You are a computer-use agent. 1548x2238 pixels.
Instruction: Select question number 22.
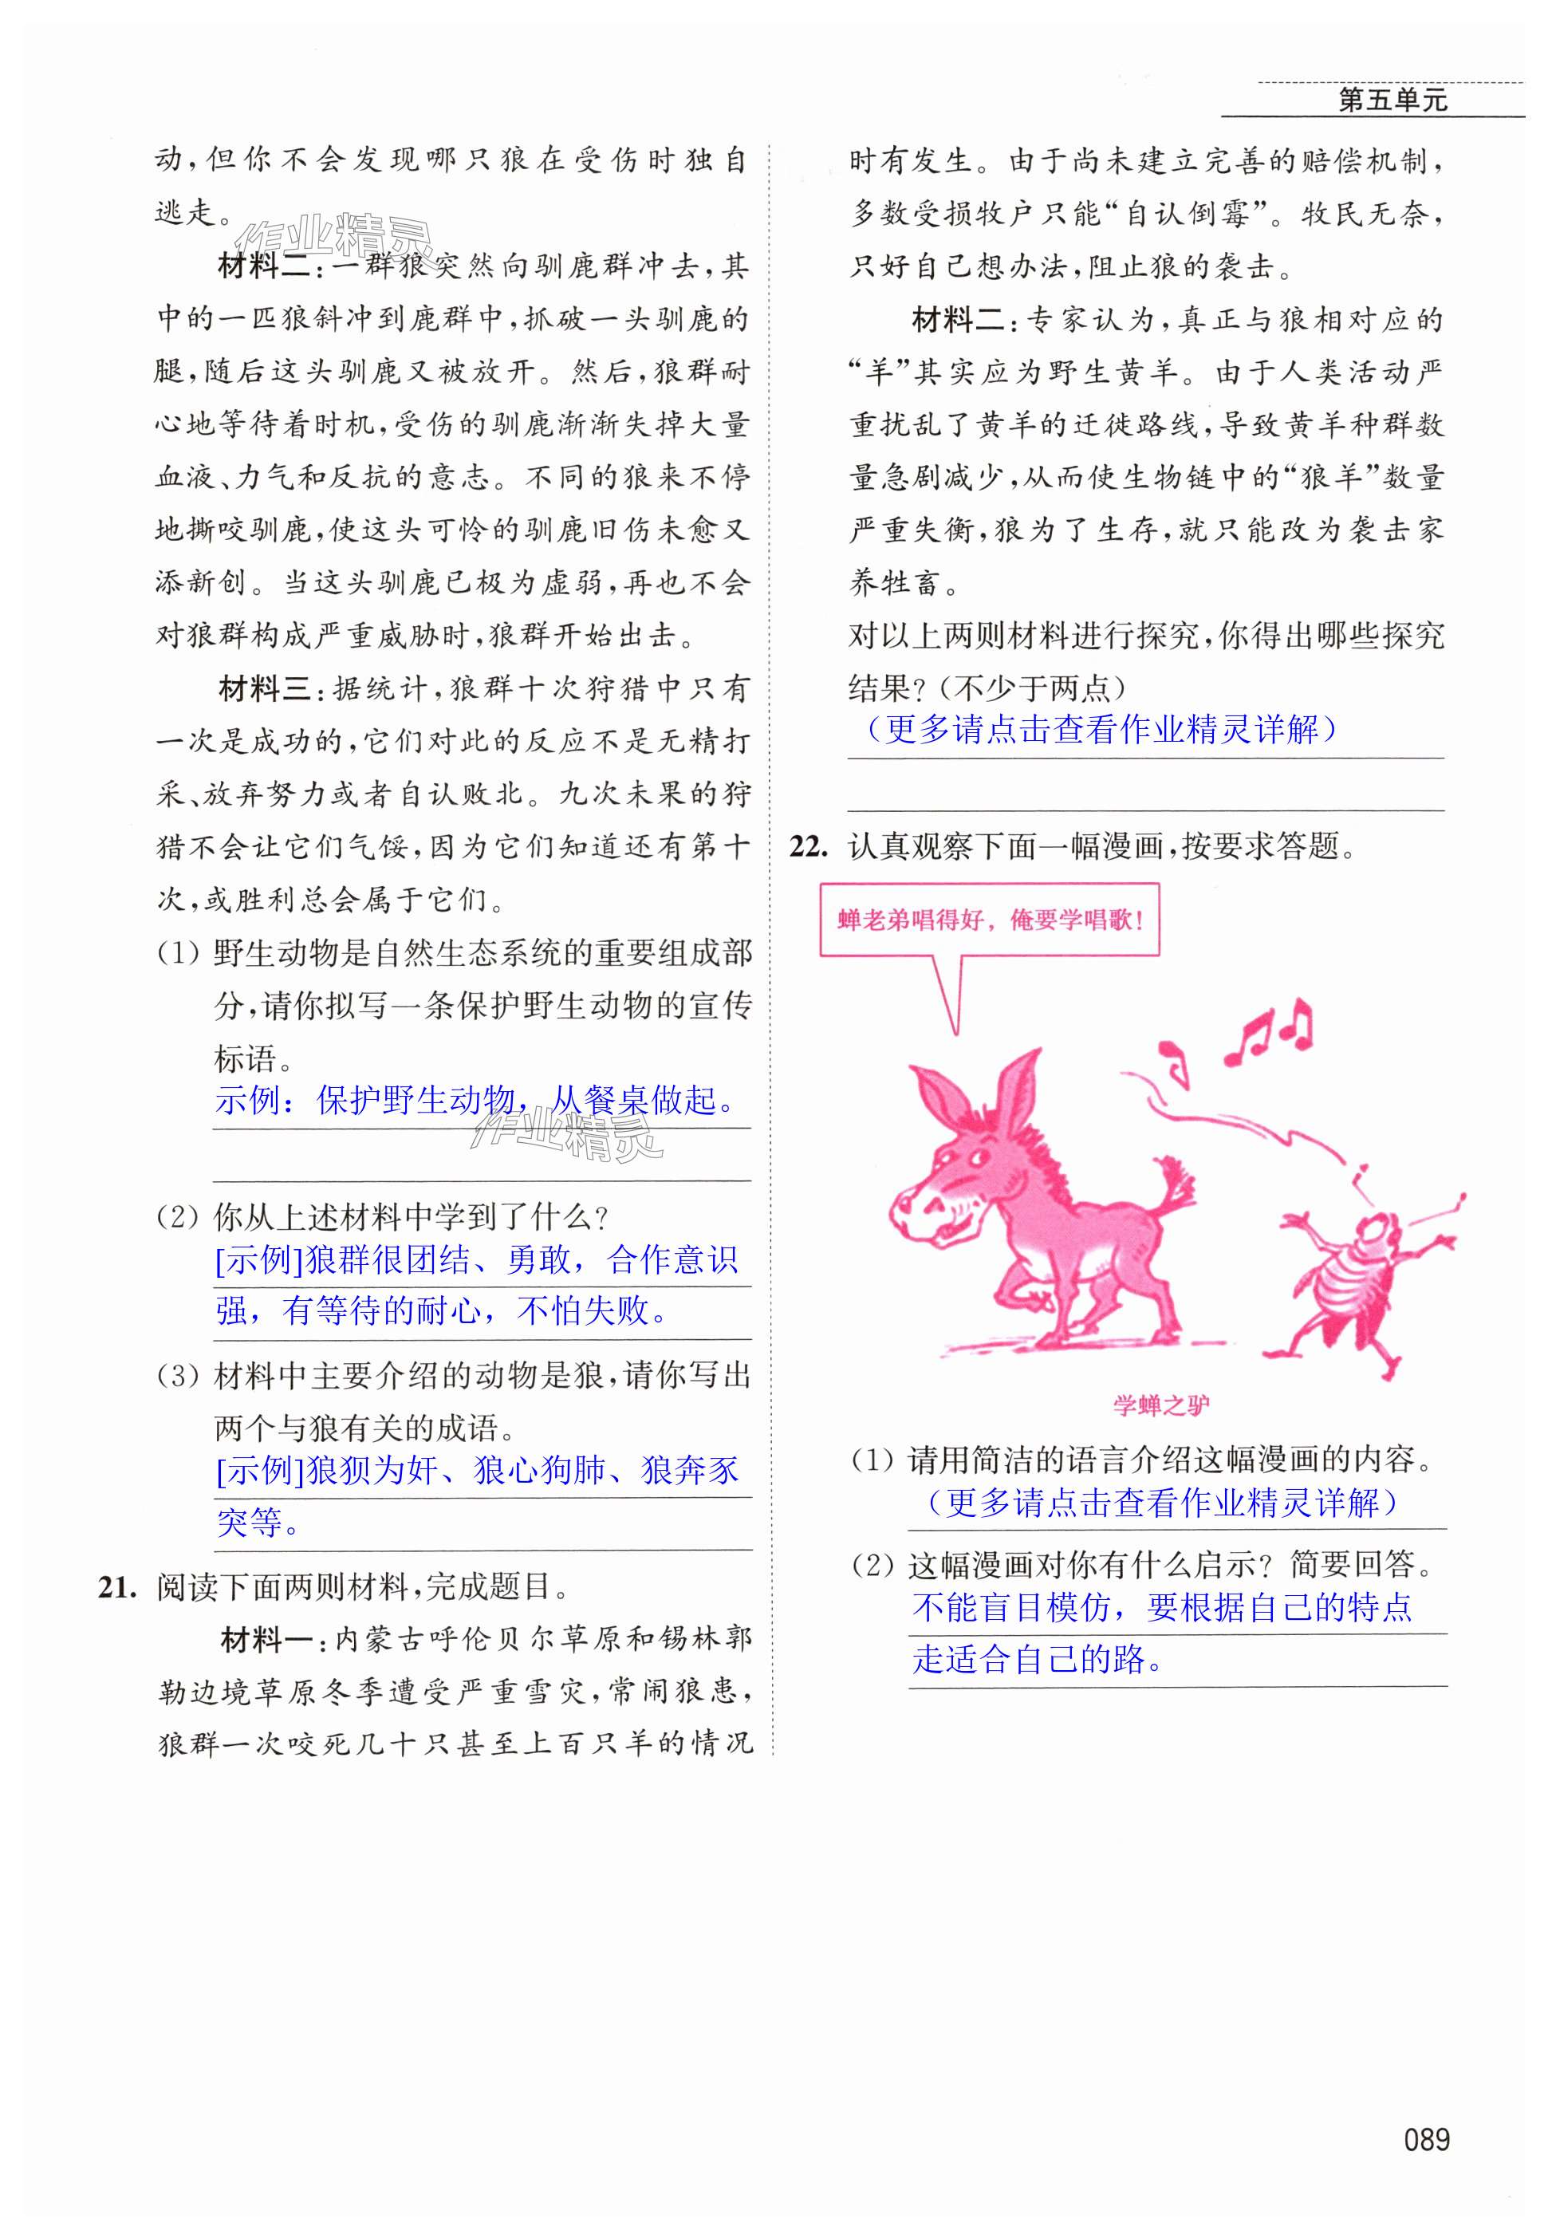[x=809, y=846]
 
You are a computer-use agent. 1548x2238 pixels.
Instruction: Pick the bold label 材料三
[x=265, y=690]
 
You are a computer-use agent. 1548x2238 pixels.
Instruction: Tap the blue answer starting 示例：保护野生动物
[x=475, y=1101]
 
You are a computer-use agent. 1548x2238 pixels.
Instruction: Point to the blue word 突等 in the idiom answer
[x=250, y=1522]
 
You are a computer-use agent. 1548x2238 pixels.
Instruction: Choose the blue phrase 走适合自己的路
[x=1037, y=1660]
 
